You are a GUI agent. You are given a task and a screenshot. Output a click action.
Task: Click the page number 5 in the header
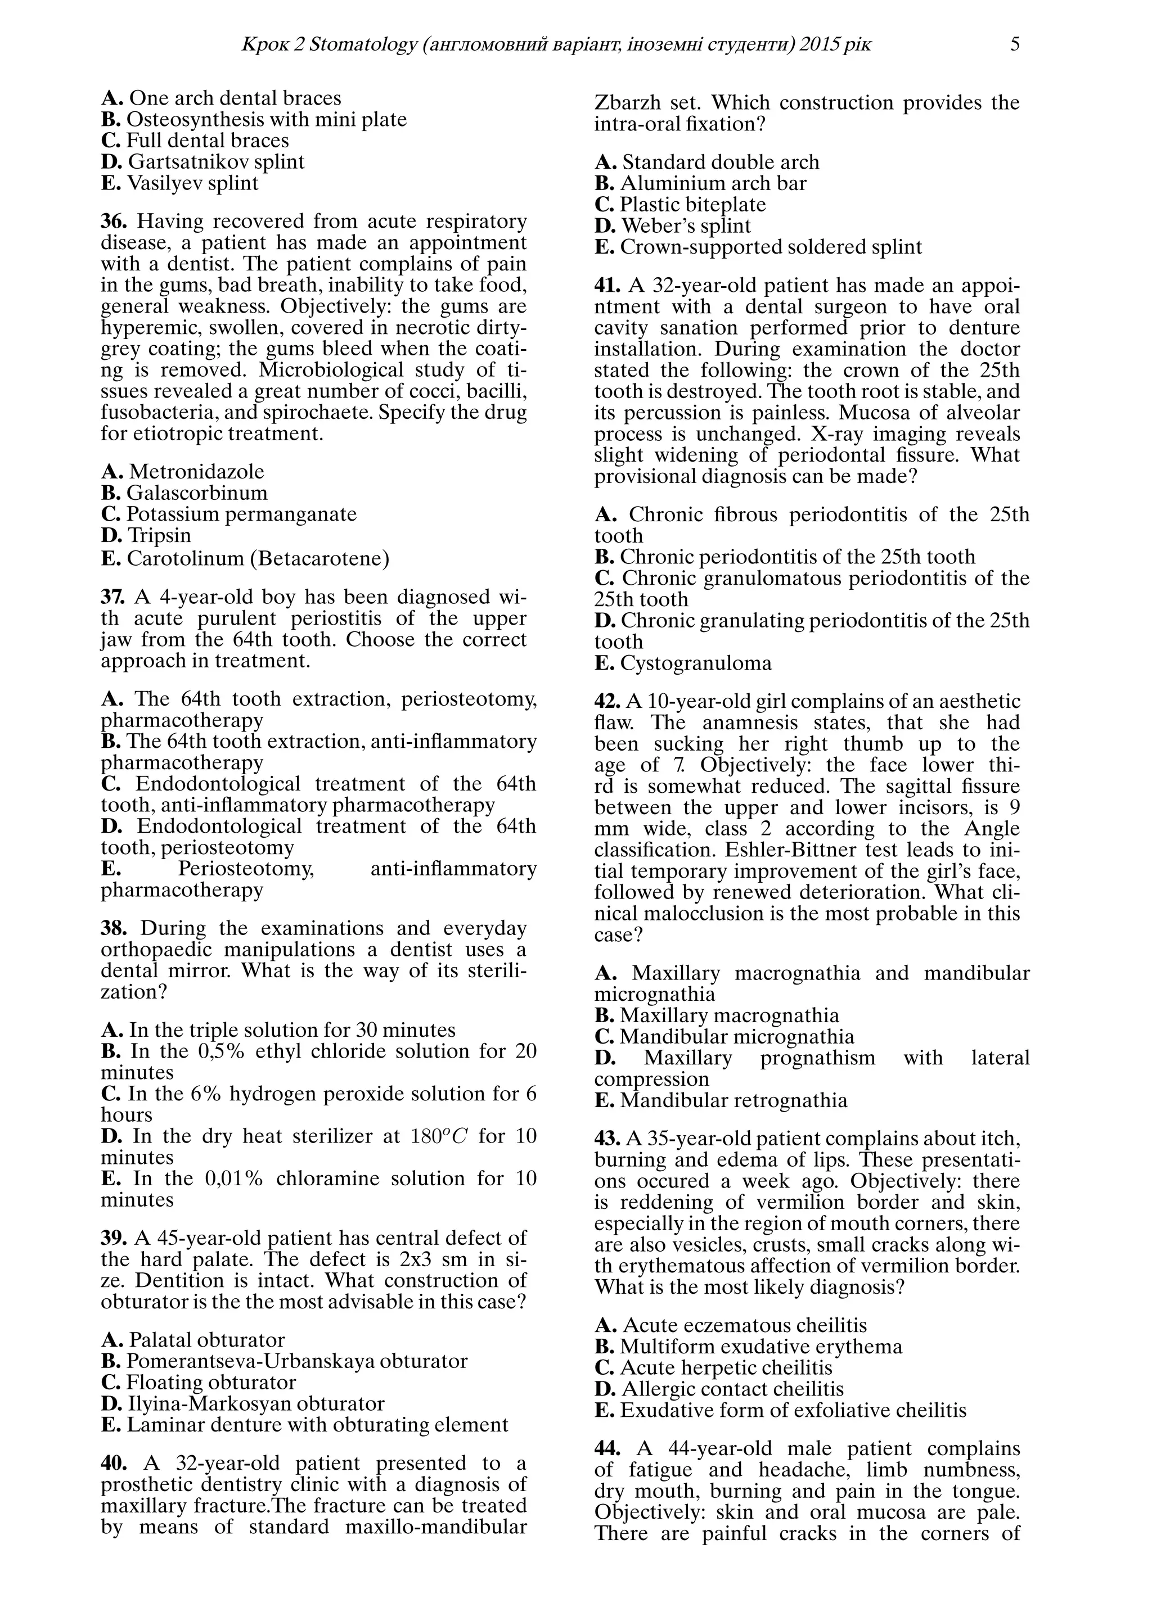[1015, 44]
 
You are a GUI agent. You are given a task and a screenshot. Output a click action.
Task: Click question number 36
[113, 221]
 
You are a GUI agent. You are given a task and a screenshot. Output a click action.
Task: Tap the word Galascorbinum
[197, 493]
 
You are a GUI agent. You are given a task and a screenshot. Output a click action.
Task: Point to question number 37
[113, 597]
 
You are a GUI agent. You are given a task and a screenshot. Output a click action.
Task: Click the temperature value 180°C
[439, 1136]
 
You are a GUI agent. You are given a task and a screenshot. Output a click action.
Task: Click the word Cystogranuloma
[696, 663]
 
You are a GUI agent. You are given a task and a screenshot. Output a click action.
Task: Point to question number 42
[607, 702]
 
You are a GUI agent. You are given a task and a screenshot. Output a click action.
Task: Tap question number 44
[607, 1449]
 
